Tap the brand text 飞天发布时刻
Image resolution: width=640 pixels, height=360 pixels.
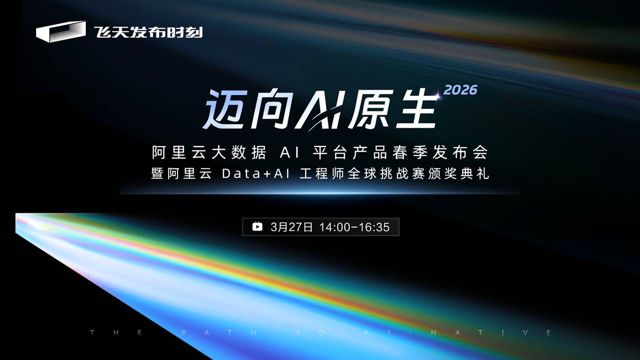click(148, 31)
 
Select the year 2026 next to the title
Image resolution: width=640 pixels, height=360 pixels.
click(460, 90)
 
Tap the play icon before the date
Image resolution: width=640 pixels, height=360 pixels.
click(257, 227)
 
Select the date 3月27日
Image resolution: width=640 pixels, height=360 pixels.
click(291, 227)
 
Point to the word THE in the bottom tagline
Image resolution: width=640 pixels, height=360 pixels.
click(116, 333)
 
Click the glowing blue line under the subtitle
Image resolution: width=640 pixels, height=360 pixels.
click(320, 191)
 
